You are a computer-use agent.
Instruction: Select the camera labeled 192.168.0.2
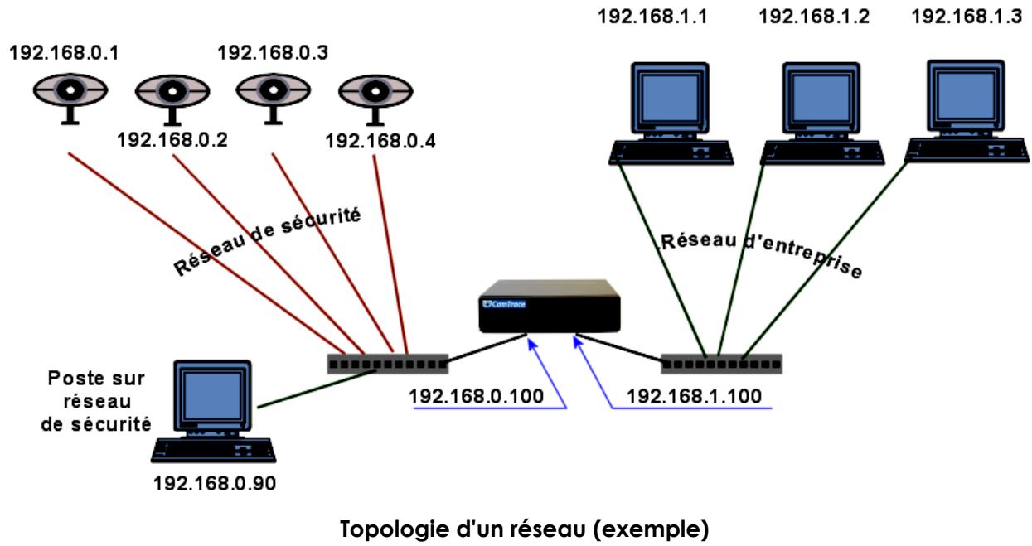(170, 97)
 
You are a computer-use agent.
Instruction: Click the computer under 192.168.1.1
(672, 109)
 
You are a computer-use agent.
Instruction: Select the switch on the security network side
(388, 363)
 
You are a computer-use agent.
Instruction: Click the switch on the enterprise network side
(720, 363)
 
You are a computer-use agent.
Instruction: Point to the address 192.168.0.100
(477, 396)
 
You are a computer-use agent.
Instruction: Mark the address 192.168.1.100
(694, 396)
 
